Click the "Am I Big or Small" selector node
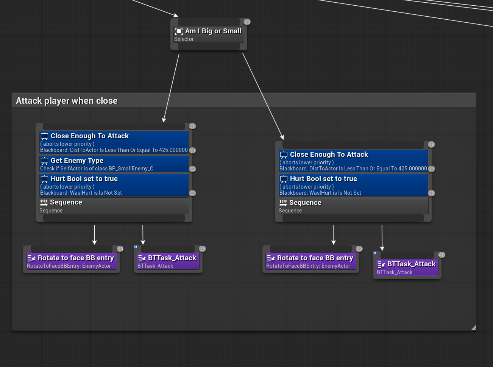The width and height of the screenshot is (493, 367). click(209, 34)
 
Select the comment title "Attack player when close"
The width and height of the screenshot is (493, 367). click(67, 101)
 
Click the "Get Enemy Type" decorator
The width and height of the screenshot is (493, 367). click(114, 164)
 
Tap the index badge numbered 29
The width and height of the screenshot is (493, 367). click(247, 22)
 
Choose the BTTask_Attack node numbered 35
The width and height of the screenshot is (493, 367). click(168, 261)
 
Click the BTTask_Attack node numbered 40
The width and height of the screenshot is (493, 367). click(407, 267)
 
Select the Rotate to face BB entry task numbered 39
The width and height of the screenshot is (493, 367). click(310, 261)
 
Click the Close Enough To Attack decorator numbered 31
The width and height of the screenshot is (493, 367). click(114, 142)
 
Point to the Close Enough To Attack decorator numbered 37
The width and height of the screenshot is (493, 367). click(353, 161)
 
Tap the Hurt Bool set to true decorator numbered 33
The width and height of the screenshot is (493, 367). click(114, 185)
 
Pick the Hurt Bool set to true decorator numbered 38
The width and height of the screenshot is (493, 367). click(353, 185)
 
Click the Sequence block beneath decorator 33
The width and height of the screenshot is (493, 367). click(114, 206)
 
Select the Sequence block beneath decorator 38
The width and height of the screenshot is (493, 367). click(353, 206)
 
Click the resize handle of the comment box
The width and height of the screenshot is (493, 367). click(473, 328)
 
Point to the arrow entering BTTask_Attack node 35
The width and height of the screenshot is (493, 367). click(143, 235)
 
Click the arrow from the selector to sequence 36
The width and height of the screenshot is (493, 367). click(263, 96)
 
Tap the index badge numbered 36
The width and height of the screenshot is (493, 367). click(431, 145)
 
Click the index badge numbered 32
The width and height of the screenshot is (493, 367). click(192, 169)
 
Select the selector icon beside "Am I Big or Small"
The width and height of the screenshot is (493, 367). click(179, 31)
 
